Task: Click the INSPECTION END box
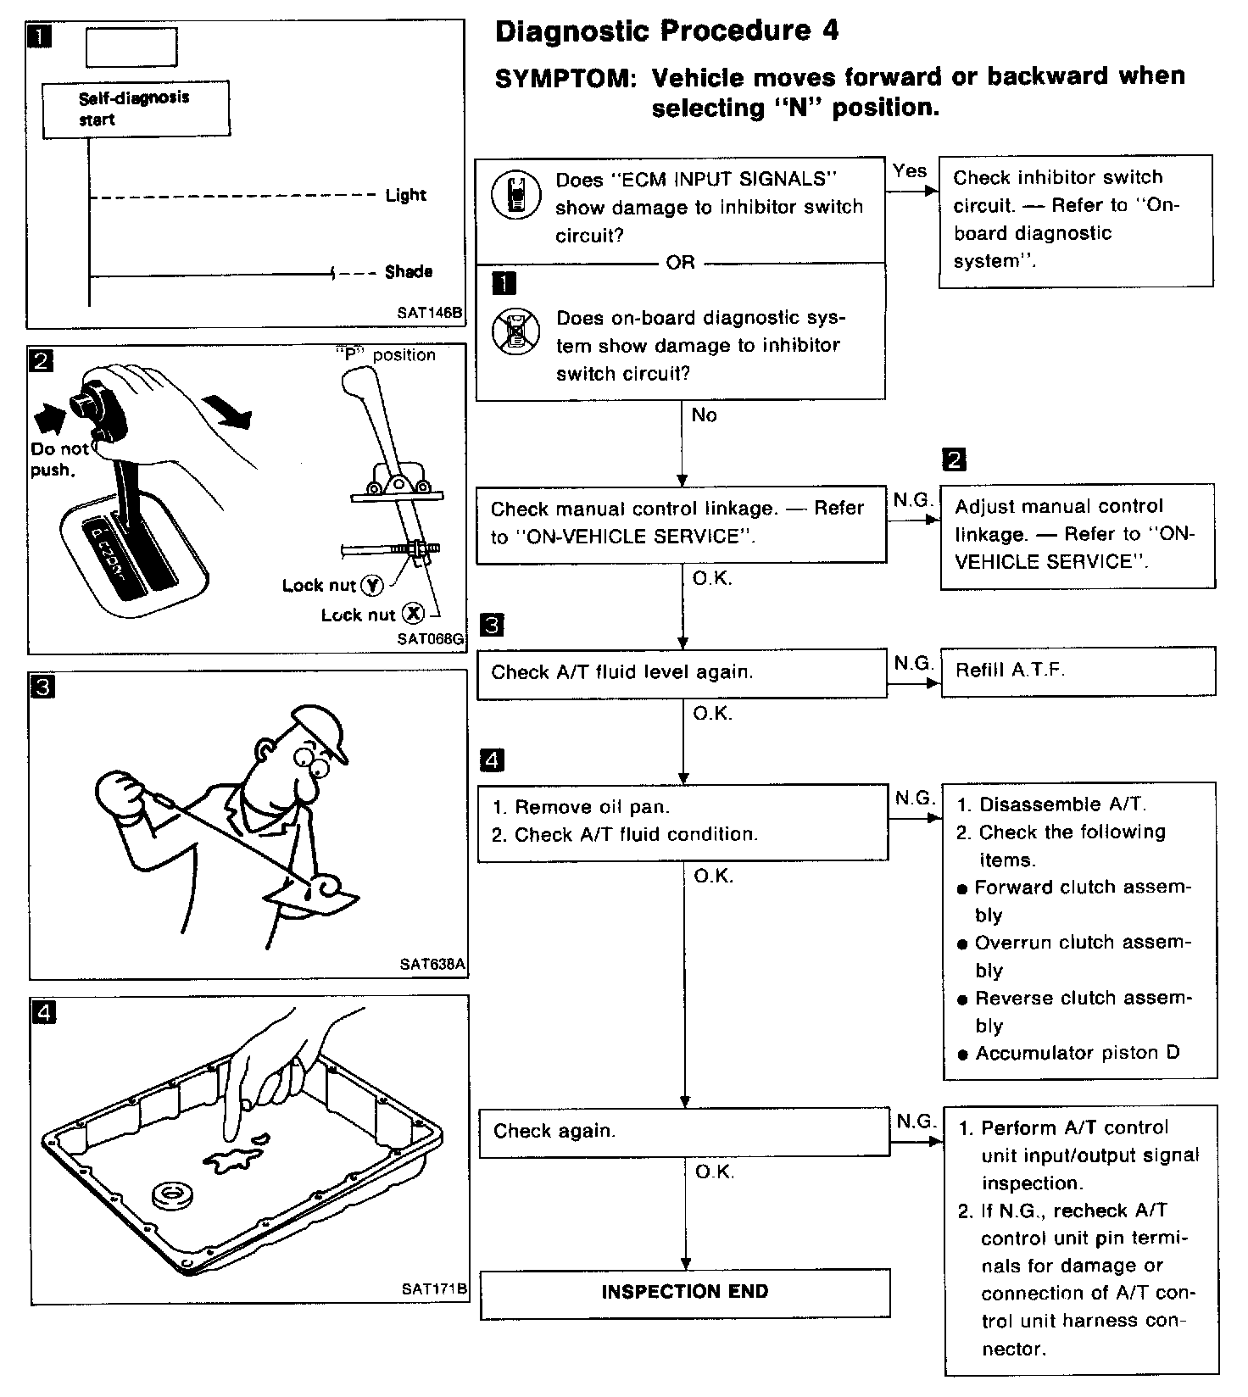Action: (x=685, y=1293)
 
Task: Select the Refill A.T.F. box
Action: (x=1077, y=671)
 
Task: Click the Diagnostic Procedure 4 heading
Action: (x=666, y=32)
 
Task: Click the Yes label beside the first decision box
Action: (x=910, y=171)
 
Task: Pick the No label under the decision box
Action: (x=704, y=415)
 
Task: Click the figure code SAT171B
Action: (x=434, y=1289)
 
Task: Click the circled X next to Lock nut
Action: (x=413, y=614)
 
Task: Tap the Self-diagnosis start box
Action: (x=135, y=109)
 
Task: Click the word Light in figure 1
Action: (x=405, y=196)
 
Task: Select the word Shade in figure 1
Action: (x=409, y=272)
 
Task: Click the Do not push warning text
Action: (x=58, y=459)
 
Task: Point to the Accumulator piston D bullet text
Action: (x=1077, y=1054)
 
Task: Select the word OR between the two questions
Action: (x=680, y=264)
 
